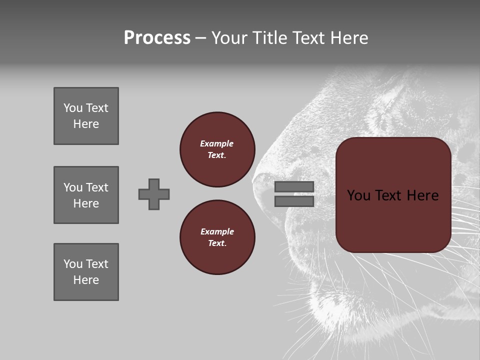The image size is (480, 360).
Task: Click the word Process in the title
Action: [x=157, y=38]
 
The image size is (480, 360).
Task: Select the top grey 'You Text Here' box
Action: [x=86, y=116]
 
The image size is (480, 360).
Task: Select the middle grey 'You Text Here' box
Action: [x=86, y=195]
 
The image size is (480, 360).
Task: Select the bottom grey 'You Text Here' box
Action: [x=86, y=272]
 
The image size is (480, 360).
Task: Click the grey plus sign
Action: [x=154, y=194]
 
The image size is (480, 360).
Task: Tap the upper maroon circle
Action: [x=217, y=149]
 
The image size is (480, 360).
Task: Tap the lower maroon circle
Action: [x=217, y=237]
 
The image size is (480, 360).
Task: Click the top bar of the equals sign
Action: [x=294, y=187]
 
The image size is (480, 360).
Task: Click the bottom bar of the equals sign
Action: [x=294, y=201]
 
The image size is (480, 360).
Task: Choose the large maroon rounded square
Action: [x=393, y=195]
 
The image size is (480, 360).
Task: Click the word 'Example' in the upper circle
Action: [x=217, y=143]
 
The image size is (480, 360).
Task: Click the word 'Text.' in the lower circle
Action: [x=217, y=243]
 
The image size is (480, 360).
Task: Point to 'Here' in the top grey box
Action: [x=86, y=124]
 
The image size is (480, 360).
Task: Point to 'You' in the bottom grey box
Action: [x=73, y=264]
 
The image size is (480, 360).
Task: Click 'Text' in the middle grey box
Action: [x=96, y=187]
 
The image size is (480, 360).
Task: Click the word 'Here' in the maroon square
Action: [x=422, y=195]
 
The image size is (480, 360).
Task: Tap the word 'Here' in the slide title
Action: [x=348, y=38]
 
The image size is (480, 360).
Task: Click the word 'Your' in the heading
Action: [x=229, y=38]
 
